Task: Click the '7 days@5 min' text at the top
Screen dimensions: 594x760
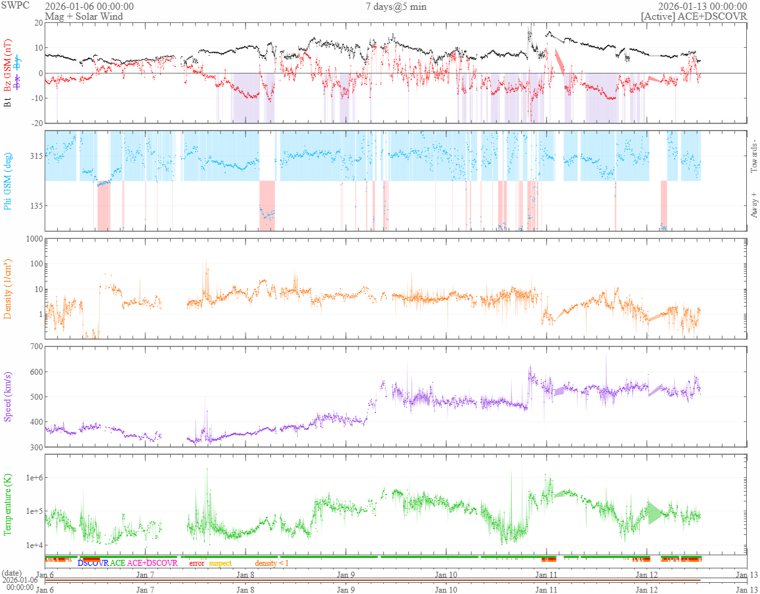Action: tap(396, 7)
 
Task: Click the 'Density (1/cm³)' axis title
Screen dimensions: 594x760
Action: tap(8, 289)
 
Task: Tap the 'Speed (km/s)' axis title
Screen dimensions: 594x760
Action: tap(8, 397)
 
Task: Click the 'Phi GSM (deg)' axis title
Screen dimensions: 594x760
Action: tap(8, 180)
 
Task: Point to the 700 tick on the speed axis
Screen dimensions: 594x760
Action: tap(34, 346)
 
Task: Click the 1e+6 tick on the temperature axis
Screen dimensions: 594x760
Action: tap(32, 477)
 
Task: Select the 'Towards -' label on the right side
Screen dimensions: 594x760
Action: tap(753, 156)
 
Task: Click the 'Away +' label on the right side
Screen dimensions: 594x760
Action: tap(753, 205)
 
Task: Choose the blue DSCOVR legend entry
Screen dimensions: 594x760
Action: tap(93, 563)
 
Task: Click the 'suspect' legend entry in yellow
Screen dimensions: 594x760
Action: tap(220, 563)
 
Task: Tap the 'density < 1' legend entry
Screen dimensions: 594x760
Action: tap(271, 563)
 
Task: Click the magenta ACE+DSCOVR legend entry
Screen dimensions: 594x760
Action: tap(152, 563)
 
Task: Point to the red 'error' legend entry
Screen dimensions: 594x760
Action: tap(196, 563)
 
